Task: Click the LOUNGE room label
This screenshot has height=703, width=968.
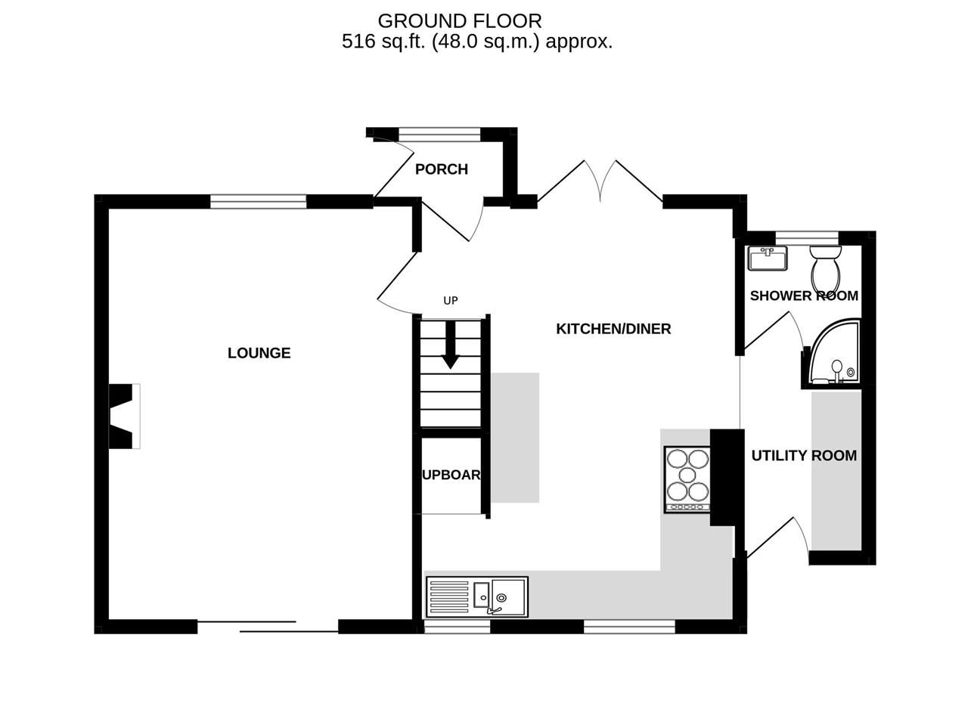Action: (259, 353)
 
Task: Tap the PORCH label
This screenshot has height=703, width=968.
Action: (442, 169)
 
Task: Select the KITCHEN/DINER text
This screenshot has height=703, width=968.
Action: (613, 329)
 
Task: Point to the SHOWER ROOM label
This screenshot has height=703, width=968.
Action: (804, 296)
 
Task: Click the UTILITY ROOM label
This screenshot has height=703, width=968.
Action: (804, 456)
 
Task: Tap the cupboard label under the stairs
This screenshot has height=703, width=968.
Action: (451, 475)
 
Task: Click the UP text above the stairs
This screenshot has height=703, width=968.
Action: (451, 301)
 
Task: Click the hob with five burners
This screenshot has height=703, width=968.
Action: (687, 479)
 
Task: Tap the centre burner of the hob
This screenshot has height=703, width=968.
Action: (687, 475)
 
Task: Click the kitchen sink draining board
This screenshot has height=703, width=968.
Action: (449, 597)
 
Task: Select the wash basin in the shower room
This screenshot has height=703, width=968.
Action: (768, 259)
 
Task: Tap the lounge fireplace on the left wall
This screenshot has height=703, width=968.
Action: (123, 417)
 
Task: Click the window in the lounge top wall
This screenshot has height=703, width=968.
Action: (258, 201)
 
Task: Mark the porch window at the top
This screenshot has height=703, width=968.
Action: (439, 135)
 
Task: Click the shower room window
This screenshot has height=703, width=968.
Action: (807, 238)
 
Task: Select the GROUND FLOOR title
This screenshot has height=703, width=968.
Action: (460, 21)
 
